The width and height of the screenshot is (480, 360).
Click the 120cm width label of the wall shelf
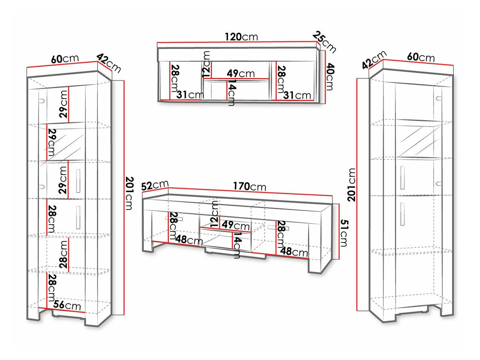(x=241, y=37)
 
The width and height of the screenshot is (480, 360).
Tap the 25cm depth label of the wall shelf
(x=324, y=42)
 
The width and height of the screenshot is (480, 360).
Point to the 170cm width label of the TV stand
(x=249, y=187)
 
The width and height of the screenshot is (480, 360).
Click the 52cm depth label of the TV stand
(x=155, y=185)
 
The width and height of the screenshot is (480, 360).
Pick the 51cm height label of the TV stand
(x=344, y=233)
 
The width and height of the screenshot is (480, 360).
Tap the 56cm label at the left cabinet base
(x=67, y=305)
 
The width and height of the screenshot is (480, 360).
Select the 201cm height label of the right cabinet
(x=352, y=185)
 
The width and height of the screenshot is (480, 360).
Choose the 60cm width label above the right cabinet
(x=421, y=57)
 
